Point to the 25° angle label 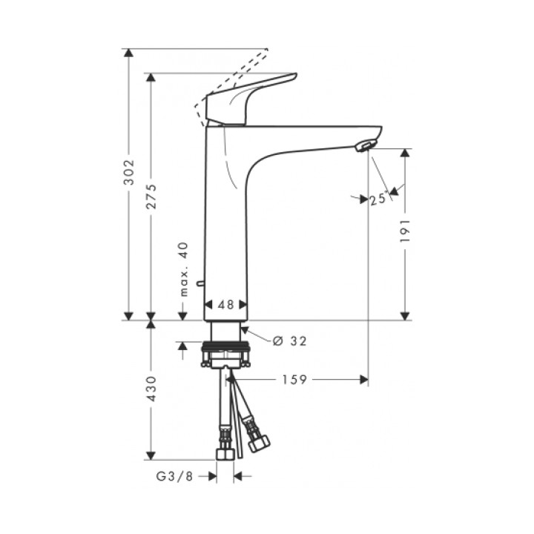click(x=378, y=198)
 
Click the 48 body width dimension click(x=225, y=305)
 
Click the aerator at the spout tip click(x=365, y=145)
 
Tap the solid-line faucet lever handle click(x=252, y=96)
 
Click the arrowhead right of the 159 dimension click(x=363, y=379)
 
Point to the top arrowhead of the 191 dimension click(x=405, y=153)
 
